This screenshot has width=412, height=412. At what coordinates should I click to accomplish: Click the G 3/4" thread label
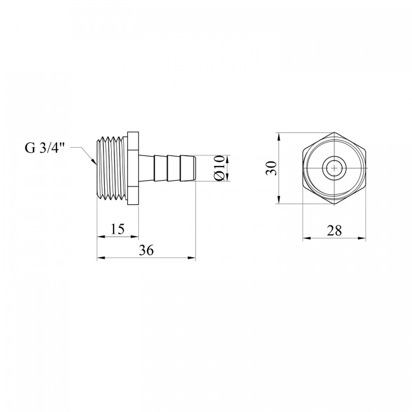(x=45, y=148)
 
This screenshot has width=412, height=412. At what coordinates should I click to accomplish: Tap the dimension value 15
(x=117, y=229)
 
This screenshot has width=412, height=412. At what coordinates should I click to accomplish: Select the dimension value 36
(x=146, y=250)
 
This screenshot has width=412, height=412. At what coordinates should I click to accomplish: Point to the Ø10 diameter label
(x=220, y=168)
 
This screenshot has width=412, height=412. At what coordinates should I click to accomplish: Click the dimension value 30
(x=271, y=168)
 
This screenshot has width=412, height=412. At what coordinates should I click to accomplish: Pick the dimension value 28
(x=334, y=231)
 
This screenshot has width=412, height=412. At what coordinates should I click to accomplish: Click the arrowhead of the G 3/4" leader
(x=93, y=161)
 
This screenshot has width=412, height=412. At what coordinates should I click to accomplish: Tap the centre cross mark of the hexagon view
(x=334, y=168)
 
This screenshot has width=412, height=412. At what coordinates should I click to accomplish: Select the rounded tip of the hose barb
(x=194, y=168)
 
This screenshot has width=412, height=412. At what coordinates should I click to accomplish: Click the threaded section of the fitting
(x=112, y=168)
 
